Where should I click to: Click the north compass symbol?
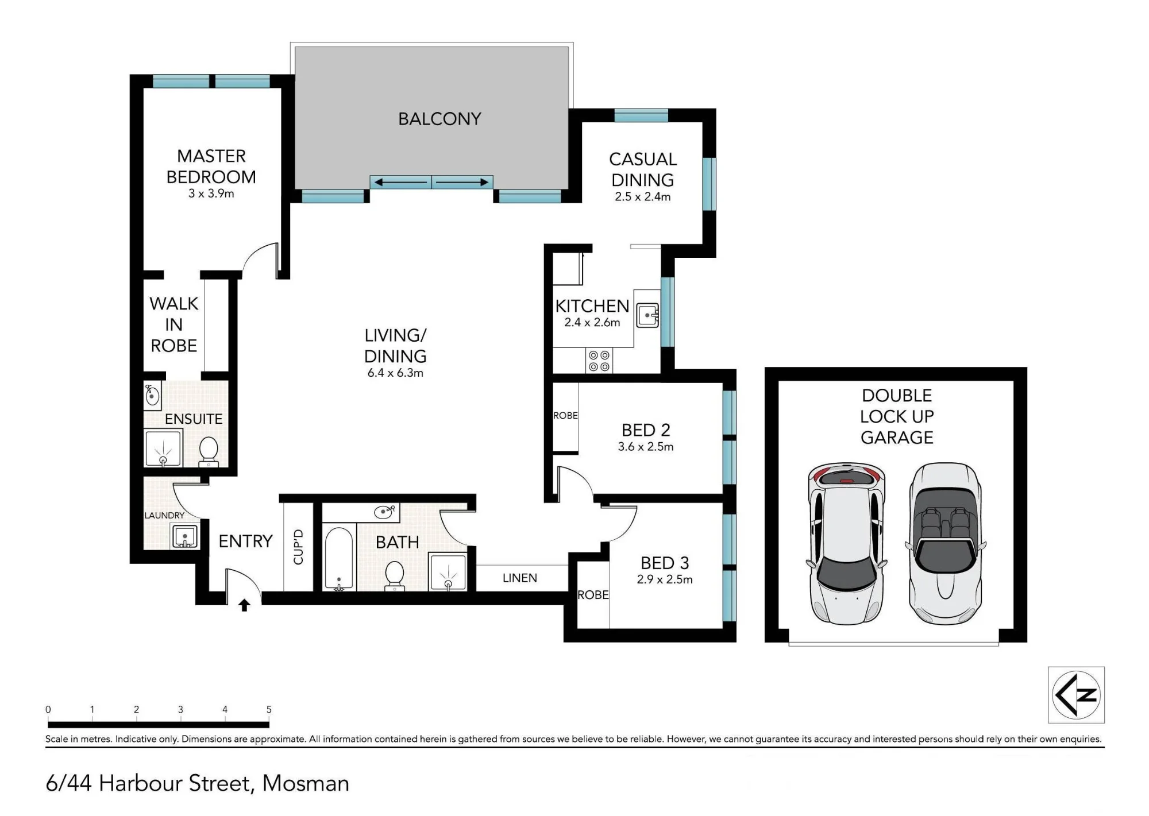tap(1076, 694)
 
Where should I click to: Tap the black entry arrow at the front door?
tap(244, 605)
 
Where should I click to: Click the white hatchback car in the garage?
tap(846, 544)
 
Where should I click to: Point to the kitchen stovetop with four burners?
tap(599, 361)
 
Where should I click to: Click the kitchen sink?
tap(647, 315)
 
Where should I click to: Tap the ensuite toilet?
tap(208, 451)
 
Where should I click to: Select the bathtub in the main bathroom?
tap(339, 559)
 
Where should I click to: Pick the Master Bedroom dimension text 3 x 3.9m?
tap(211, 194)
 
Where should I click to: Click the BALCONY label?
tap(439, 119)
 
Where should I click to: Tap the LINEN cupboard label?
tap(520, 578)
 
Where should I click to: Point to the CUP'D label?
tap(298, 547)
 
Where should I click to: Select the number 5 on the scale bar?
tap(269, 709)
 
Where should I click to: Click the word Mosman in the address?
tap(306, 783)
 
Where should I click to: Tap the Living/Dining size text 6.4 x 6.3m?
tap(395, 373)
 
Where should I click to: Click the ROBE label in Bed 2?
tap(565, 415)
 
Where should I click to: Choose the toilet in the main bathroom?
tap(395, 575)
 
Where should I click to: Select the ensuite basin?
tap(152, 395)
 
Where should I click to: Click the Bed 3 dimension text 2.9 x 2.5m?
tap(665, 579)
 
